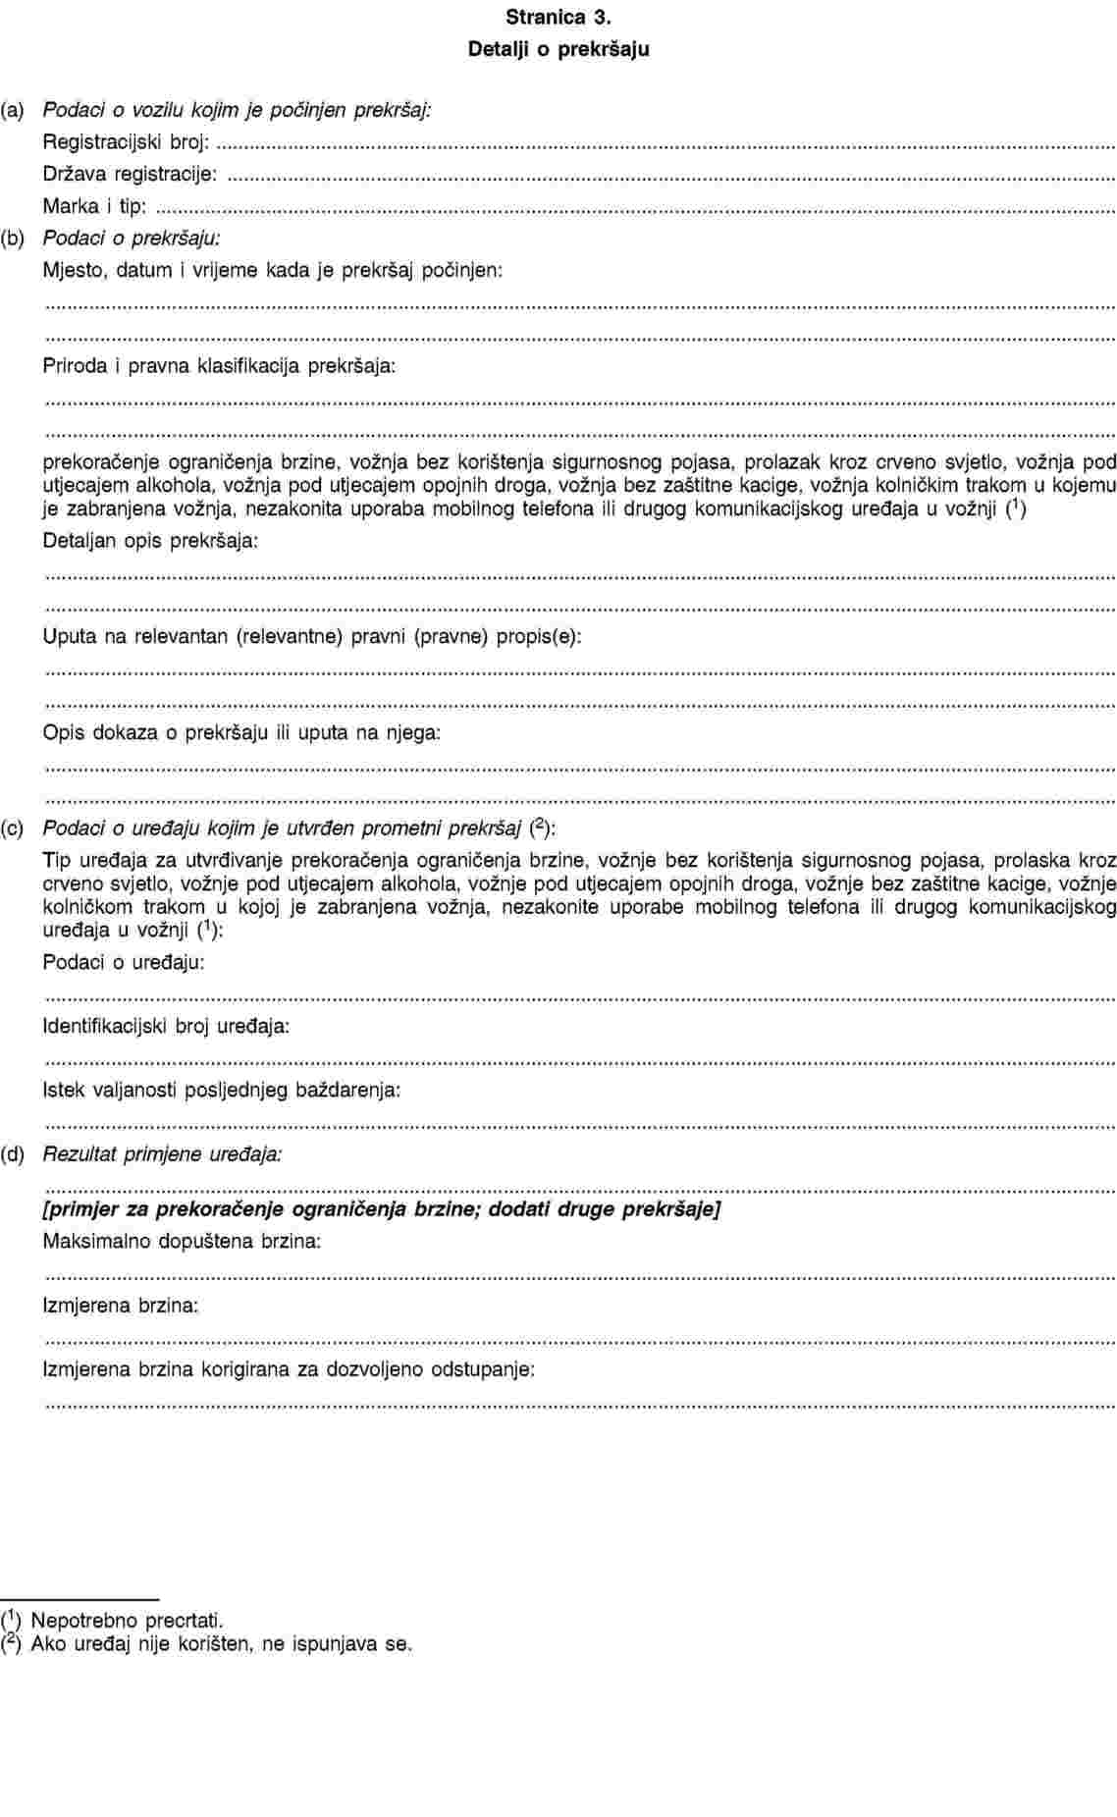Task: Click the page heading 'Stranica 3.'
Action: tap(558, 17)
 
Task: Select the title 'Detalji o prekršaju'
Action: tap(558, 48)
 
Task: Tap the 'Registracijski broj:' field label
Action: tap(126, 142)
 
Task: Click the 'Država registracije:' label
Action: tap(131, 175)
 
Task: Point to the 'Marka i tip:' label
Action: tap(95, 206)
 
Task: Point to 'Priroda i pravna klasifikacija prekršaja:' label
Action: tap(220, 366)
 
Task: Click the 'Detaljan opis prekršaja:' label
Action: tap(151, 541)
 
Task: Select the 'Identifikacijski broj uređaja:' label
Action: tap(166, 1027)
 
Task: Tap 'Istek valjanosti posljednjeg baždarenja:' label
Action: tap(222, 1090)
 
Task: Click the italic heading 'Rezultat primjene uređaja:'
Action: tap(163, 1153)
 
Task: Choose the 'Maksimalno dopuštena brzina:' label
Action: tap(182, 1241)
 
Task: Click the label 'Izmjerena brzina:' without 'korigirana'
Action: tap(121, 1306)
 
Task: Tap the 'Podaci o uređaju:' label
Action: tap(124, 962)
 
